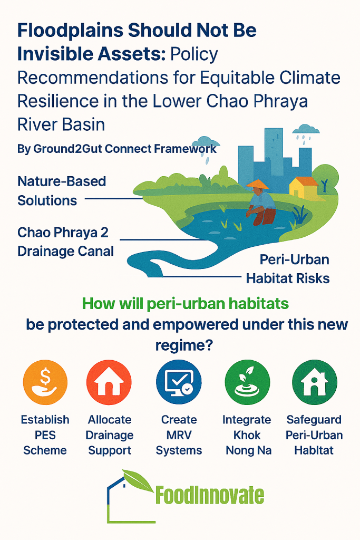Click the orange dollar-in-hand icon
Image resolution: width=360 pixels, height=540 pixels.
tap(45, 382)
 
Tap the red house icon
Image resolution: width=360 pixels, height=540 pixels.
tap(109, 382)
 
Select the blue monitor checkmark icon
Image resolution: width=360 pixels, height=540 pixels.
tap(179, 382)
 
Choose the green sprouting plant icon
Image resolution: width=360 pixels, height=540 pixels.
tap(247, 382)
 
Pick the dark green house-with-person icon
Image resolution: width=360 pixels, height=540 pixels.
tap(314, 382)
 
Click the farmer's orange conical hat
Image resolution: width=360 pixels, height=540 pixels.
tap(258, 185)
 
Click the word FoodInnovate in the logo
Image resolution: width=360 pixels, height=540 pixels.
tap(210, 495)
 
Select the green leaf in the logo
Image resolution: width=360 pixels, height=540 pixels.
tap(138, 480)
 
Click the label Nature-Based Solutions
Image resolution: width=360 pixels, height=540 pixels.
tap(62, 191)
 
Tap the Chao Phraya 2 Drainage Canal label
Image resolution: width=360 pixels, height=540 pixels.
tap(65, 242)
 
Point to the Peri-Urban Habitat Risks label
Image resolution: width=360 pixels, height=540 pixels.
tap(288, 268)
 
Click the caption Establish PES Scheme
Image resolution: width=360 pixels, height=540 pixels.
tap(45, 435)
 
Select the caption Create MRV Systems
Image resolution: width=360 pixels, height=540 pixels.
tap(179, 435)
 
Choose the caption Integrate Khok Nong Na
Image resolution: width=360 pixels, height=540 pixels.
tap(247, 435)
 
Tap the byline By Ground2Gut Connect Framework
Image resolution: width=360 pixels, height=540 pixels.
tap(117, 149)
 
